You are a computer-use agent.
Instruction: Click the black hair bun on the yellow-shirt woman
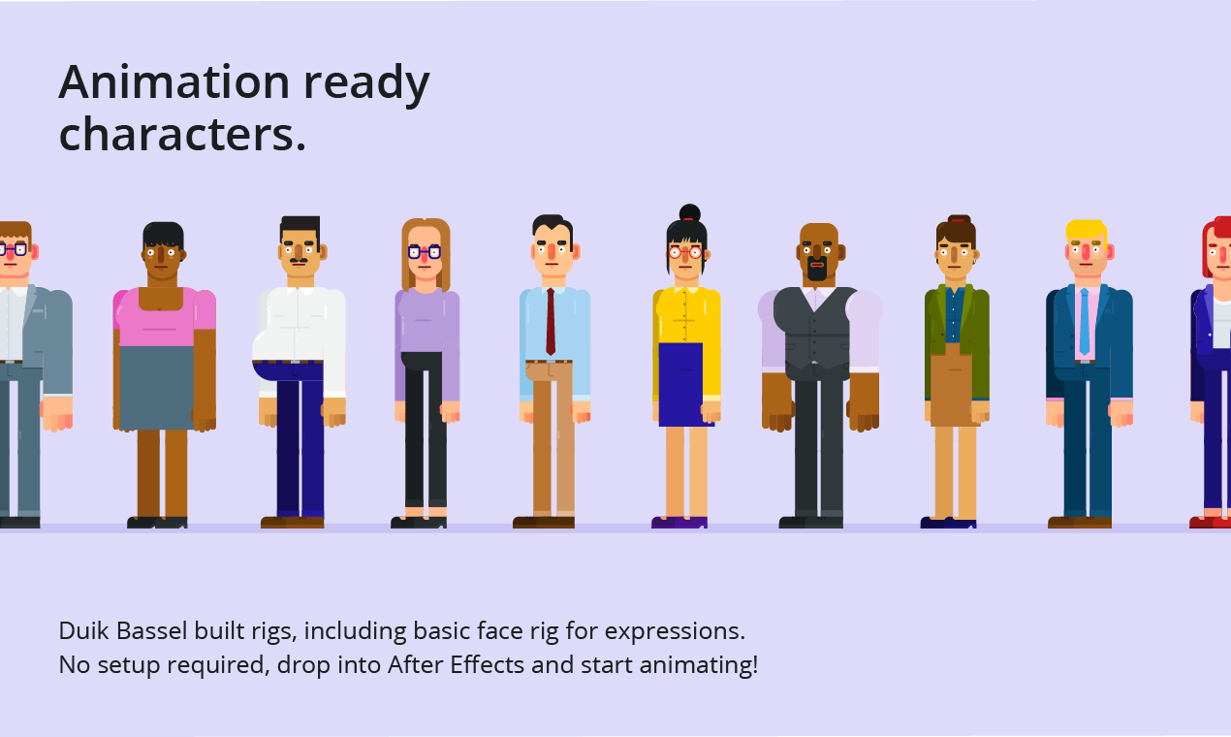coord(689,213)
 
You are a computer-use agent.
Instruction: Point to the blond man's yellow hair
coord(1085,229)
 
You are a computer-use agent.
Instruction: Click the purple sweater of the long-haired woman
coord(426,320)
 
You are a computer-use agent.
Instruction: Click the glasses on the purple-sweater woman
coord(425,252)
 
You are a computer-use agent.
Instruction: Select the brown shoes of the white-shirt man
coord(293,523)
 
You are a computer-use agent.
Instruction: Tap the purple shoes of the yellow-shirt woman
coord(679,523)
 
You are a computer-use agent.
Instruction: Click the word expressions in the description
coord(675,630)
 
